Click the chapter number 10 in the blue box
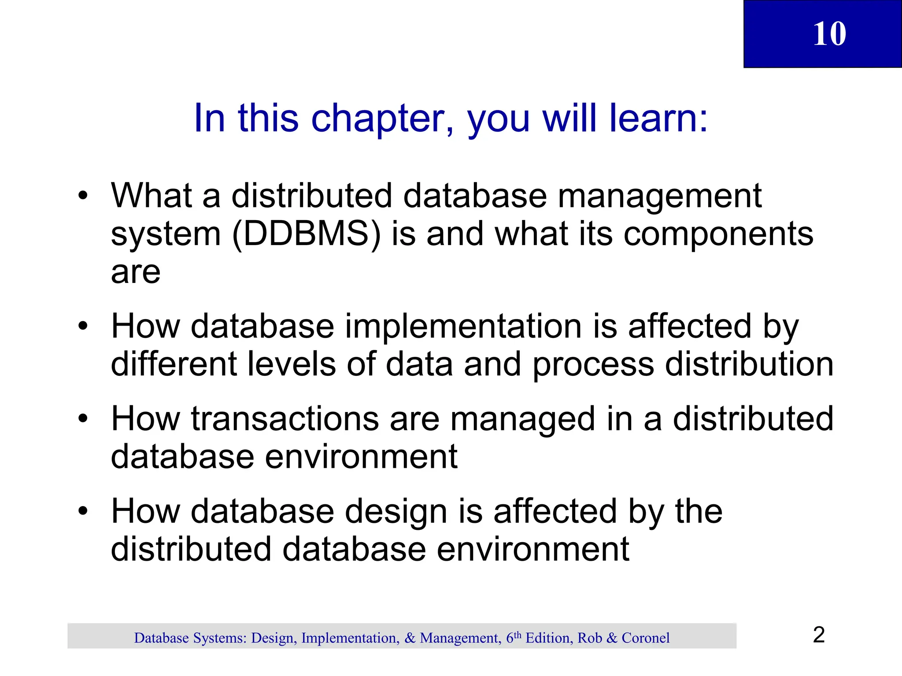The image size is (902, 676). (829, 34)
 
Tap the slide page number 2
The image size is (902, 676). (819, 635)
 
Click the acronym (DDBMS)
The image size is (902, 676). (306, 234)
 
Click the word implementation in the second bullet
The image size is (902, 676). (463, 327)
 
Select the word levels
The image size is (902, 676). (291, 364)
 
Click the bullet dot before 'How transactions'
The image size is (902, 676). (83, 419)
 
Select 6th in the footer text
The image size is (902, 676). (514, 637)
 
